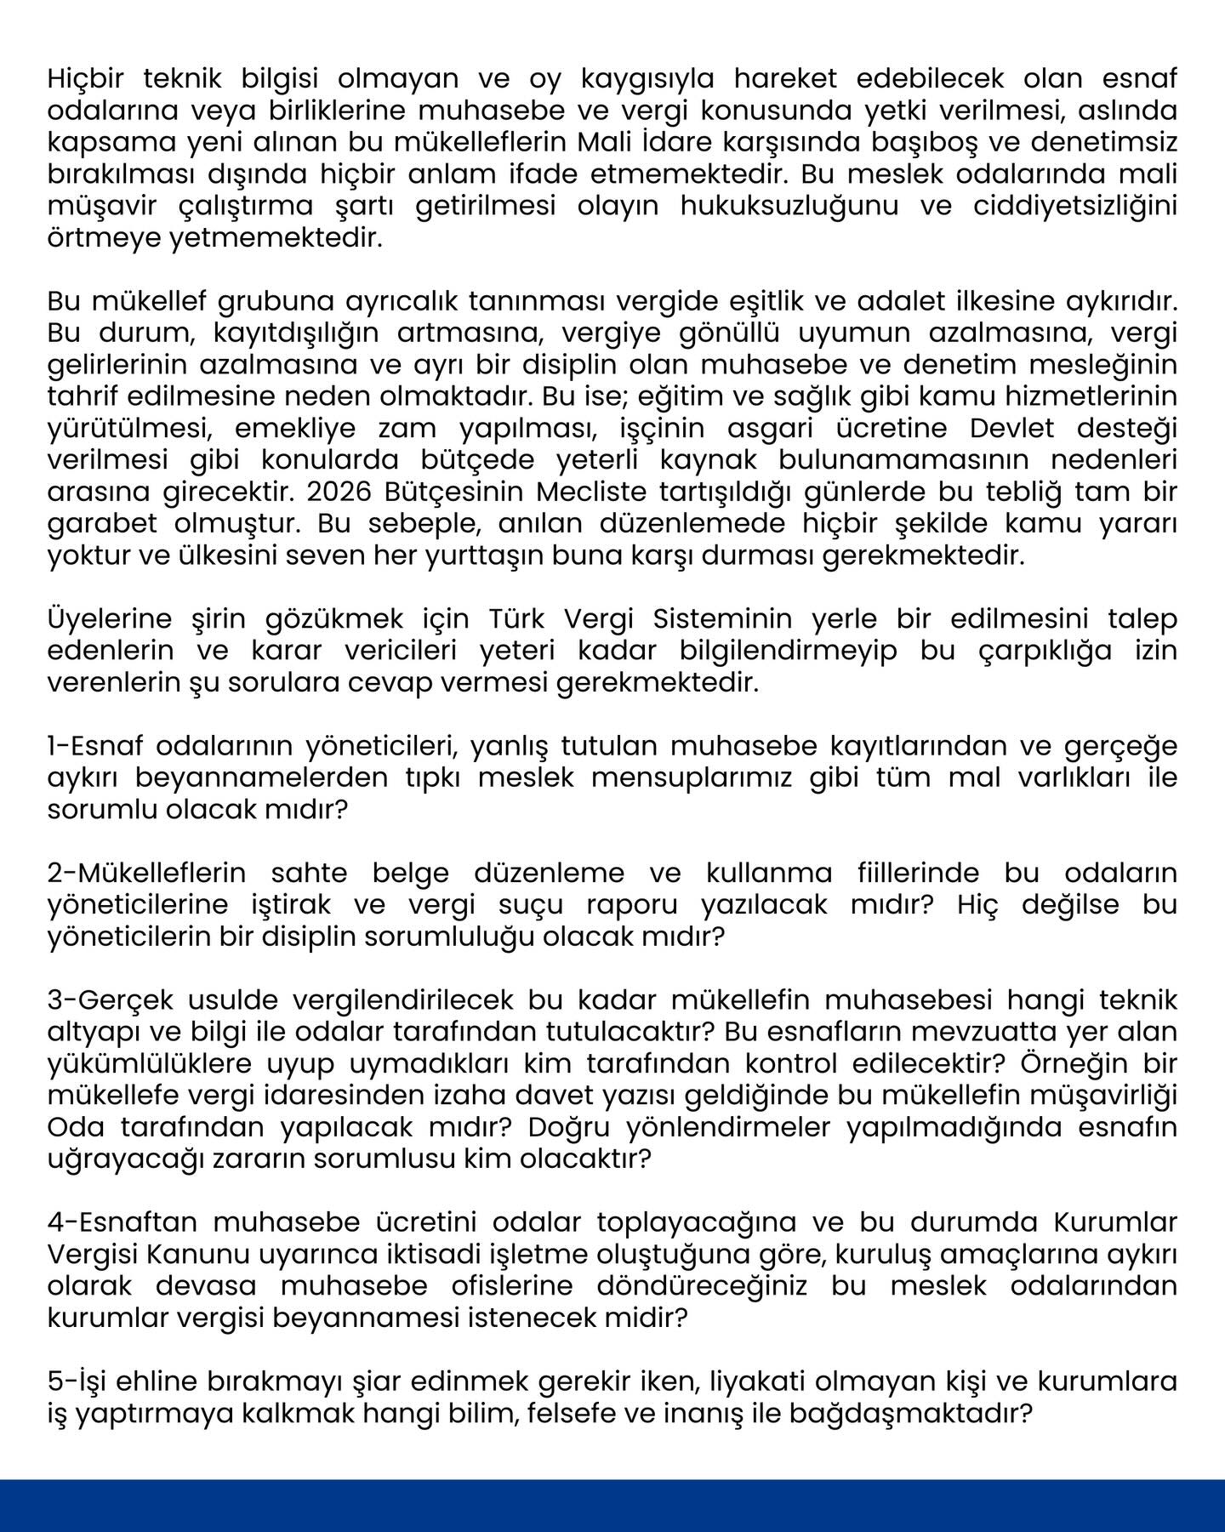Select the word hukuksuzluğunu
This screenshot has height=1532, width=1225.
pyautogui.click(x=789, y=207)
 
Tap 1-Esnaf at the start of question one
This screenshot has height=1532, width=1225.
pyautogui.click(x=95, y=746)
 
